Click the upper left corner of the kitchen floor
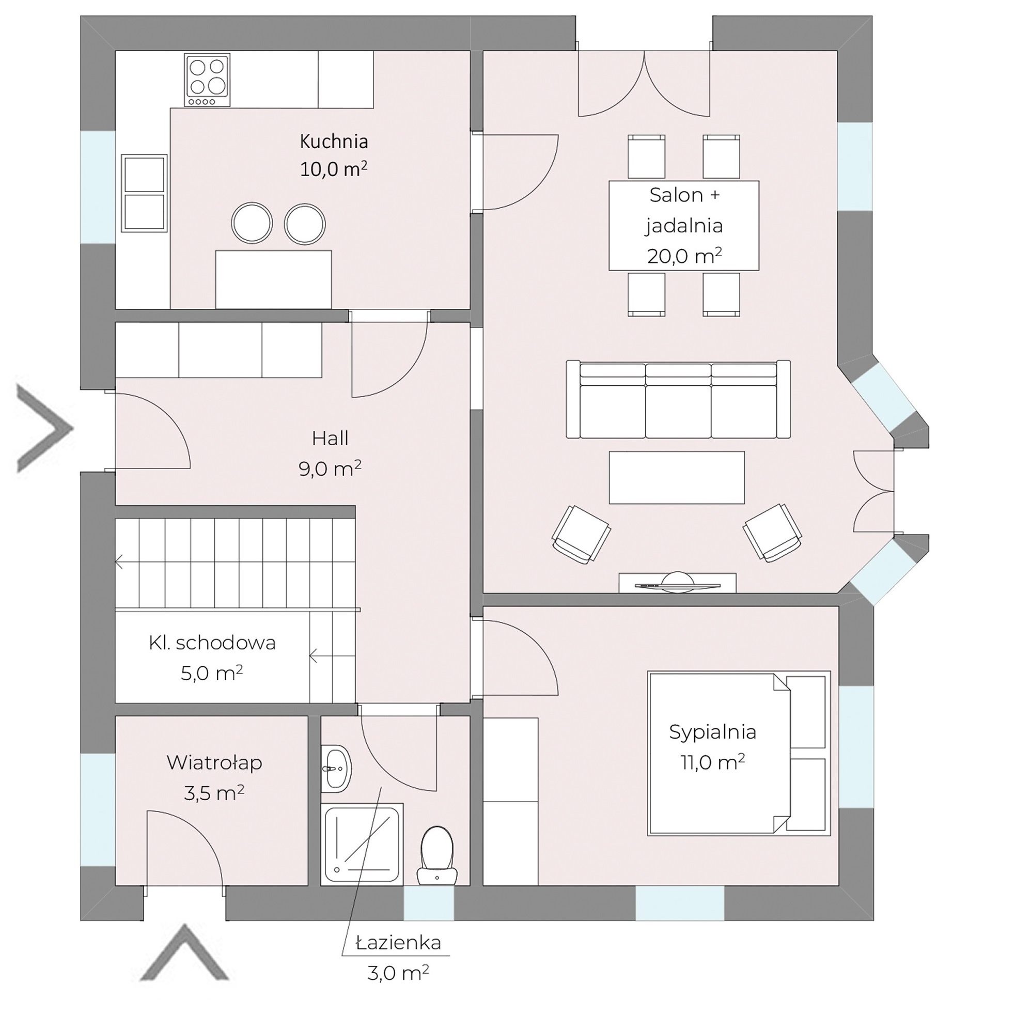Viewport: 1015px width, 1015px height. [x=116, y=52]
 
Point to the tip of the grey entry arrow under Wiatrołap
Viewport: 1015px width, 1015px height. [x=184, y=940]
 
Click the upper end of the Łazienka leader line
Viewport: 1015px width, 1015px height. [x=381, y=802]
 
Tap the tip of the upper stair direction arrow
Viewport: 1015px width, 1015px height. [x=116, y=561]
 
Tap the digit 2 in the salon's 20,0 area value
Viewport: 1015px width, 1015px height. [x=653, y=257]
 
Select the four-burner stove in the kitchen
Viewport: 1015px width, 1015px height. [x=208, y=80]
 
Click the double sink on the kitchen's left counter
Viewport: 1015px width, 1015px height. [x=145, y=193]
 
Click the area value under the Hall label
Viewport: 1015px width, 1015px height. [x=330, y=469]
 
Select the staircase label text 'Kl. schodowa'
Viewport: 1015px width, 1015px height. [x=212, y=643]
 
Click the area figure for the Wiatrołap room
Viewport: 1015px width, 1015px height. [x=214, y=793]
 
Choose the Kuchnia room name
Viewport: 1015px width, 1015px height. [x=334, y=142]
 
